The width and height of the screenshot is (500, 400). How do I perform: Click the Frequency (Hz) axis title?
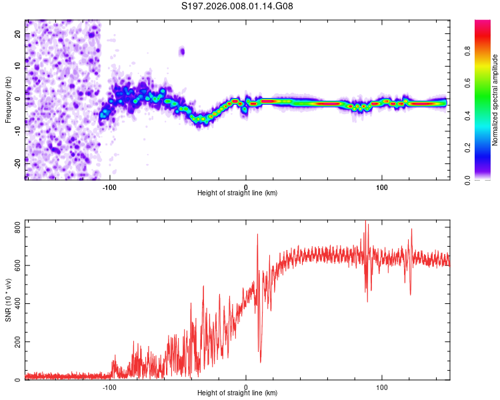click(x=8, y=100)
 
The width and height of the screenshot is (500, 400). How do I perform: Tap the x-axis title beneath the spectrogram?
click(x=237, y=193)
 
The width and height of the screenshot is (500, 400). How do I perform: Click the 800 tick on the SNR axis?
click(x=18, y=228)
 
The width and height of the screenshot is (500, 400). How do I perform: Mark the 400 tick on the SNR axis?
click(x=18, y=304)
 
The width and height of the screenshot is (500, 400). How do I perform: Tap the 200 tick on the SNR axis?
click(x=18, y=342)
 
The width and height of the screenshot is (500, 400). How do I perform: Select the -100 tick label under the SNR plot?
click(x=109, y=387)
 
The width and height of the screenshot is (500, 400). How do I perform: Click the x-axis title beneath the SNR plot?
click(x=237, y=393)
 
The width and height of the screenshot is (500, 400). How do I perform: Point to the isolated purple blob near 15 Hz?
click(x=181, y=51)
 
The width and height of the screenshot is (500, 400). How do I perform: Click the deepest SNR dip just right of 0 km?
click(x=260, y=361)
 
